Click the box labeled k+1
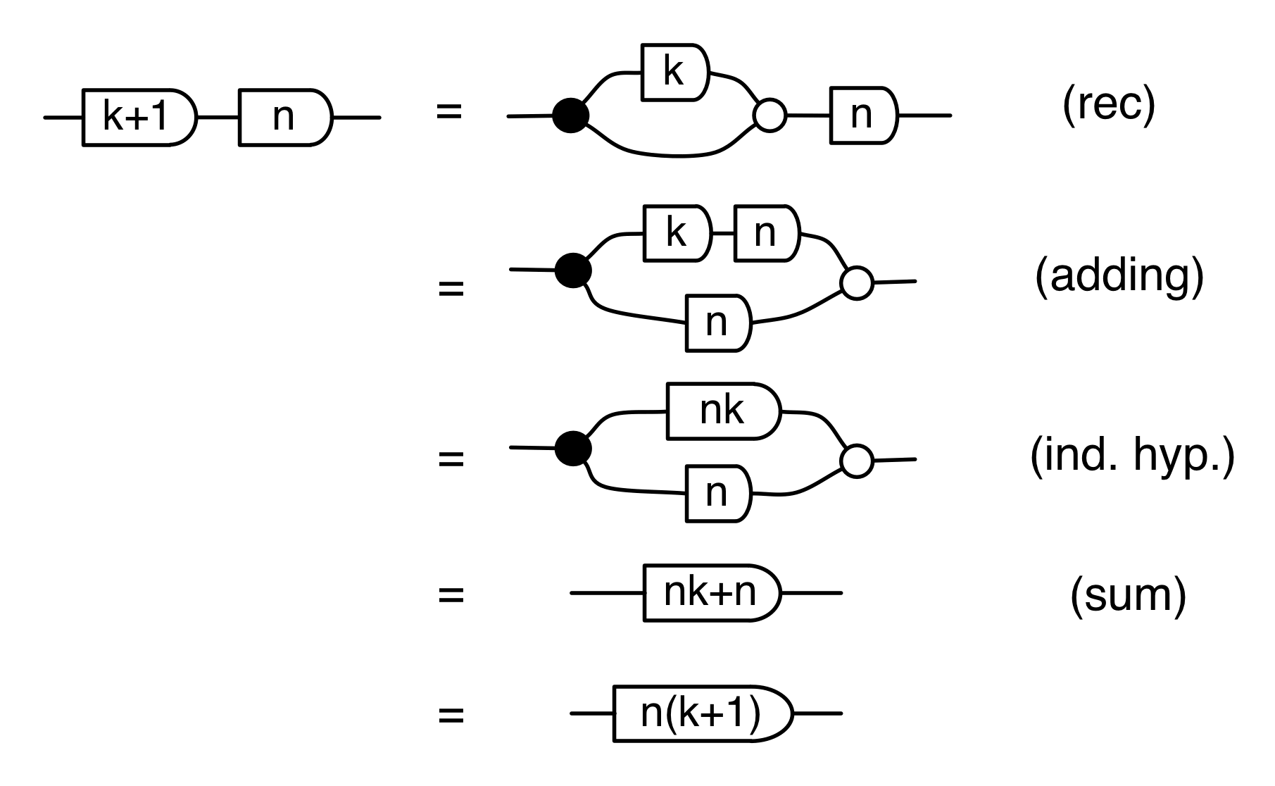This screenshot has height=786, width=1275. [138, 117]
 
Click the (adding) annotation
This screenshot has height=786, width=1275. [1119, 275]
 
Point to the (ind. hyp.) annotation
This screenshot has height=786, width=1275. [1132, 457]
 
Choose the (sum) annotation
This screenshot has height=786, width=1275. [1128, 595]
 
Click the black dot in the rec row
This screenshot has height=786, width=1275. [570, 116]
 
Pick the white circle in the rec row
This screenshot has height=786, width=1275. [770, 116]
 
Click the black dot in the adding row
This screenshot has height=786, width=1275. [572, 270]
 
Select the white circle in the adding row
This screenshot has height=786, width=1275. [857, 283]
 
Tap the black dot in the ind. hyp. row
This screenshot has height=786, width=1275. [572, 448]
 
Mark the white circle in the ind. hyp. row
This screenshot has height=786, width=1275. [857, 461]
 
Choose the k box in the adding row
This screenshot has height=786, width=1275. [677, 232]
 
